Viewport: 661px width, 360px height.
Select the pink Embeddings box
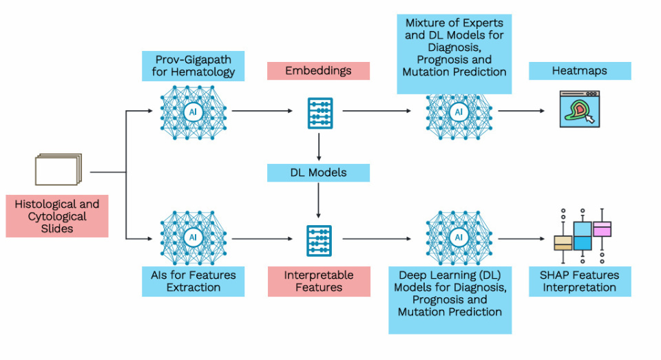point(318,71)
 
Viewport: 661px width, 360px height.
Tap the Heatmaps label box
point(580,71)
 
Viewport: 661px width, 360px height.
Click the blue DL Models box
point(318,173)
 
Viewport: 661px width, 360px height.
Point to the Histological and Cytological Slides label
point(56,216)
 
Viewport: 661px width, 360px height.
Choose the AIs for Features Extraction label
point(193,281)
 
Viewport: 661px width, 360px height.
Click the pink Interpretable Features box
point(319,281)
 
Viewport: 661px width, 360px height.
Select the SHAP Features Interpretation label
point(580,281)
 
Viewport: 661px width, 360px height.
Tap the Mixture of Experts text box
point(454,52)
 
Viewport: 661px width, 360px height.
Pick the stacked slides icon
point(59,169)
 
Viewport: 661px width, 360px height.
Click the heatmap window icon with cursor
point(580,111)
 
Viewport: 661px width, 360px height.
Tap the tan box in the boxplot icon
point(563,243)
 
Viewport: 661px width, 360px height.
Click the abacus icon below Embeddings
point(319,113)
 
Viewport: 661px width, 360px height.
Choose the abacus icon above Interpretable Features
point(319,240)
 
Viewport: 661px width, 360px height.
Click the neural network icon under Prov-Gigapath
point(193,110)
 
